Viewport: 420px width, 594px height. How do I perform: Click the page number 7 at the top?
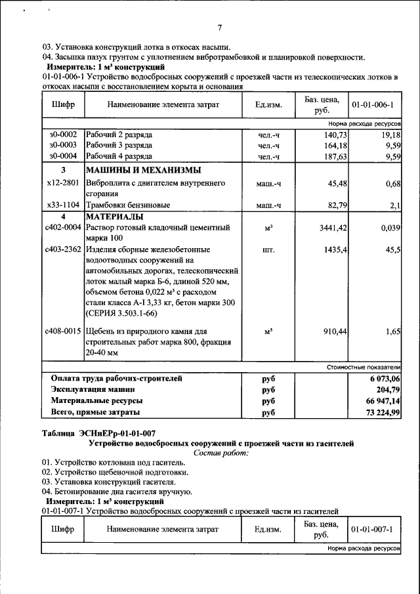tap(220, 27)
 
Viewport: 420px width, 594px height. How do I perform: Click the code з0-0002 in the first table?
tap(63, 134)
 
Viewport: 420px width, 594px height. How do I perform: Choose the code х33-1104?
tap(63, 205)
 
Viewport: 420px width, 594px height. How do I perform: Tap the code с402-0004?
tap(63, 227)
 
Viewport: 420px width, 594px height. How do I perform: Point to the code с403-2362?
tap(63, 250)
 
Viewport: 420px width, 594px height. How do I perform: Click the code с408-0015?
tap(63, 331)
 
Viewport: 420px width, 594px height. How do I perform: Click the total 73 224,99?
tap(380, 412)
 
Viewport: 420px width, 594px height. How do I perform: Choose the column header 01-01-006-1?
tap(372, 104)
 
